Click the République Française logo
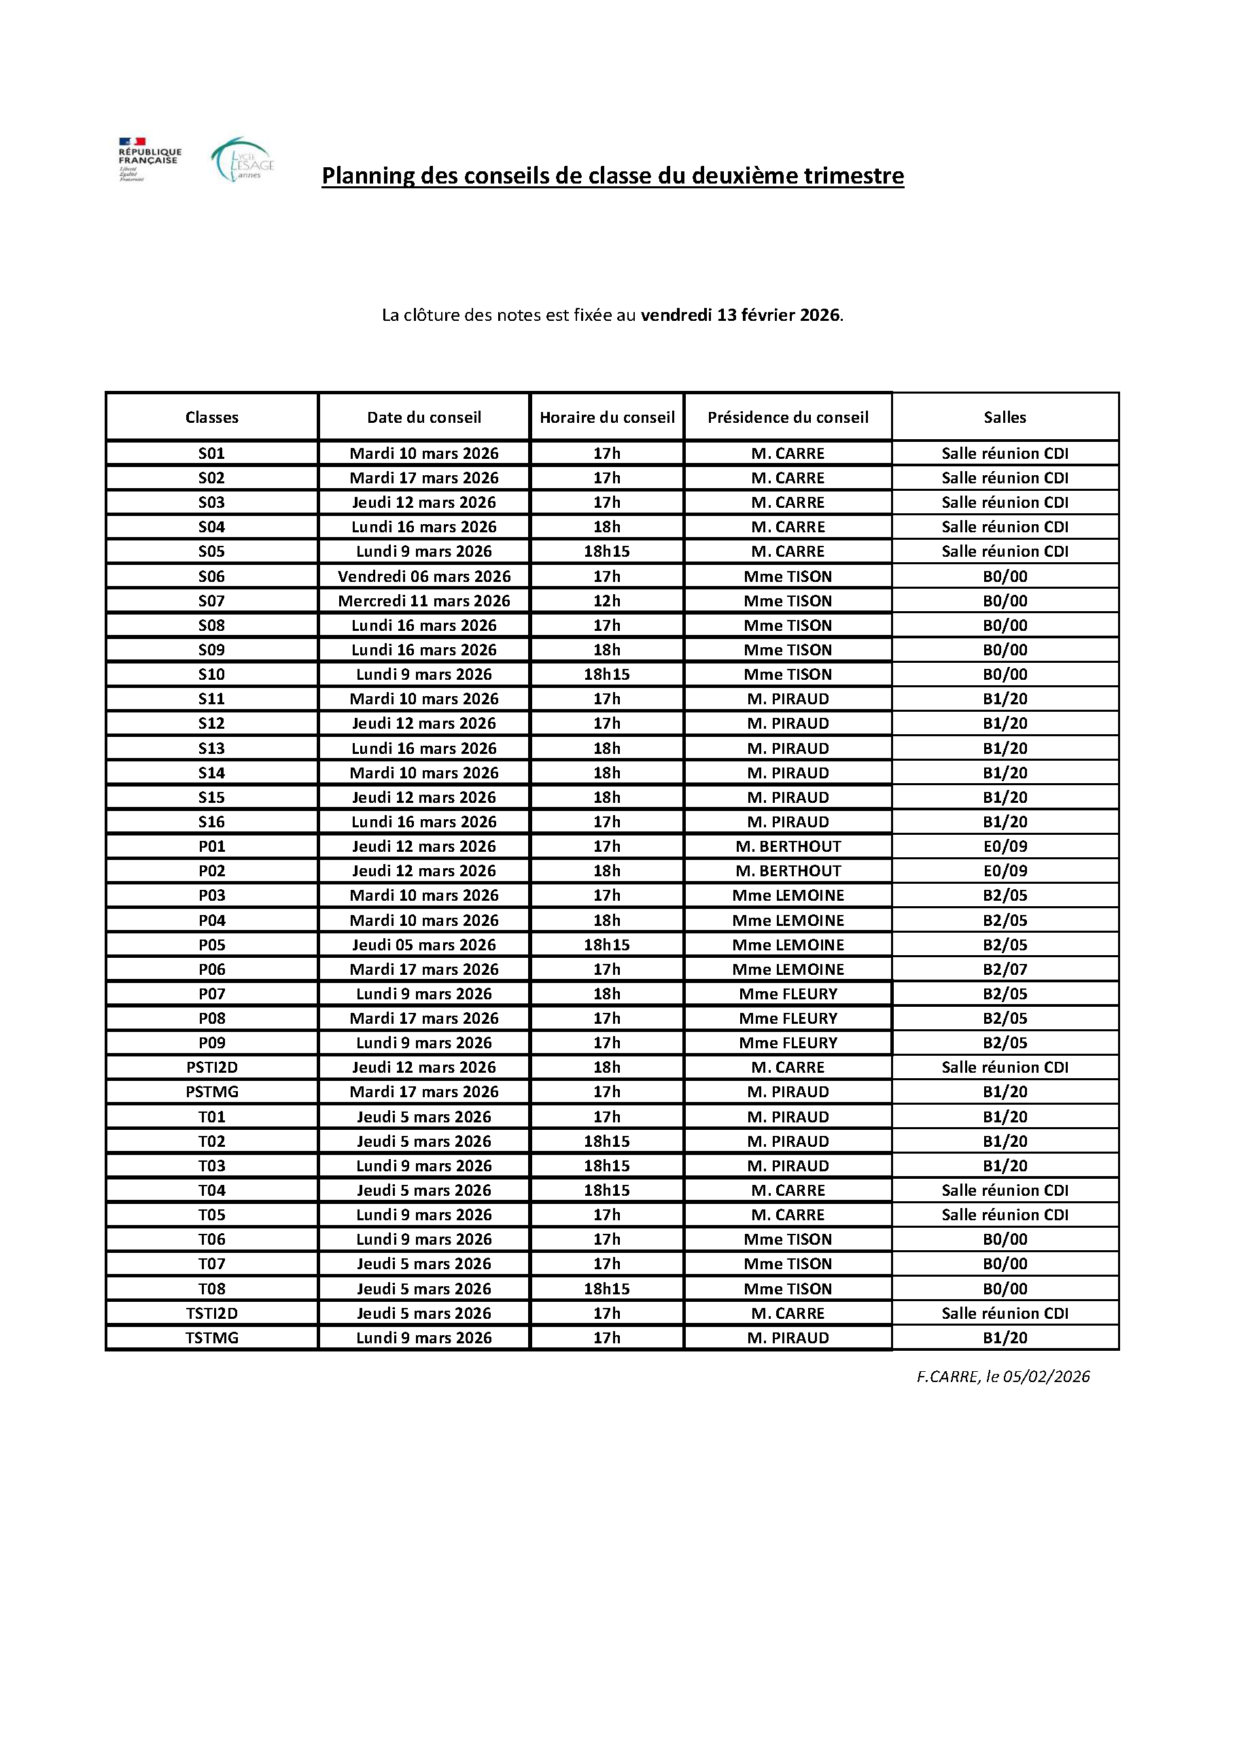click(x=150, y=159)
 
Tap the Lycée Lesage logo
click(x=242, y=160)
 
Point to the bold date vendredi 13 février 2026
click(x=740, y=315)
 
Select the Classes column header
click(x=212, y=417)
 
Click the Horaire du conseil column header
click(x=607, y=417)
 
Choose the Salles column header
click(x=1005, y=417)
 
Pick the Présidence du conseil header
click(x=788, y=417)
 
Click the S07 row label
click(x=212, y=601)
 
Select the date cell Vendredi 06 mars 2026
click(x=424, y=576)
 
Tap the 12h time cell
click(x=607, y=601)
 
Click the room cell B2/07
click(x=1005, y=969)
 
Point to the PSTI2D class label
click(x=212, y=1067)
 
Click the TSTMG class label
click(x=212, y=1338)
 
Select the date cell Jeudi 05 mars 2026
click(x=424, y=945)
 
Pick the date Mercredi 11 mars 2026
click(x=424, y=601)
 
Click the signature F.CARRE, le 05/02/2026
click(x=1003, y=1376)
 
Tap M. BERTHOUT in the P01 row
click(x=788, y=846)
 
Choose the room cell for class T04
click(x=1005, y=1190)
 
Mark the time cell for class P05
click(x=607, y=945)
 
